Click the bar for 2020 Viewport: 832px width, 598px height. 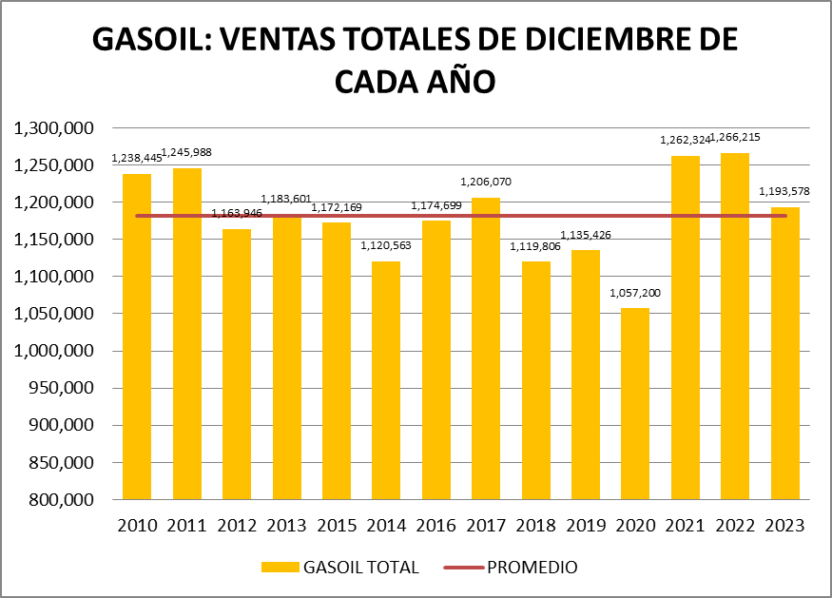pos(635,404)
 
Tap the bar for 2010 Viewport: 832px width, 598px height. pos(137,337)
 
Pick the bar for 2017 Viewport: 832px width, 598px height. pos(486,348)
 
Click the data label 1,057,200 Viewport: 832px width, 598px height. pos(634,294)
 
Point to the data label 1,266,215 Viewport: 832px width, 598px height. pos(735,138)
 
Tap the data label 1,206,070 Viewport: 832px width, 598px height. pos(486,182)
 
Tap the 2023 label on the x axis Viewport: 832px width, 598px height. pos(784,526)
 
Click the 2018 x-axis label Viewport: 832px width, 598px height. pos(535,526)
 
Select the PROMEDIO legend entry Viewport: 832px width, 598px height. pos(532,568)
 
